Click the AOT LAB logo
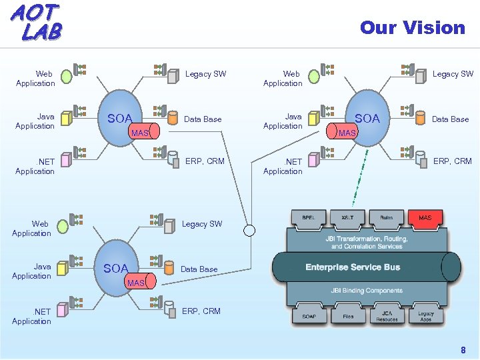[37, 21]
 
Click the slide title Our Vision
[412, 27]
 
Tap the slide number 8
[463, 350]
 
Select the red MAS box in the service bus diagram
[425, 217]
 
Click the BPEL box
[308, 217]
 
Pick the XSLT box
[347, 217]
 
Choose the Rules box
[386, 217]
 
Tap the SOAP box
[309, 316]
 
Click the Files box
[347, 316]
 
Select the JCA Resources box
[387, 316]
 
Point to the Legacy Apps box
[425, 316]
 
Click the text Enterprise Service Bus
[353, 267]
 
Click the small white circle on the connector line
[249, 231]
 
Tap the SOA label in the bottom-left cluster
[116, 269]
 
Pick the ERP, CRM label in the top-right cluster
[453, 161]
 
